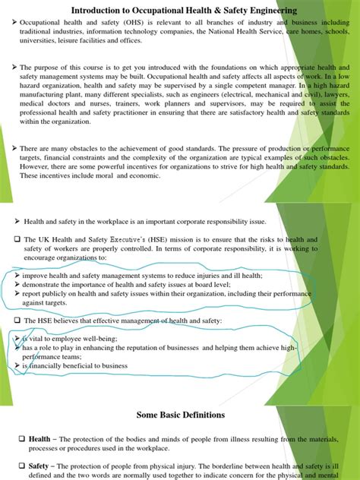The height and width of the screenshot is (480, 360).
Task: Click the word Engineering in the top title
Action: (261, 10)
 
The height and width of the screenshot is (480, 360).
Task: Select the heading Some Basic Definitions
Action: (180, 415)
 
